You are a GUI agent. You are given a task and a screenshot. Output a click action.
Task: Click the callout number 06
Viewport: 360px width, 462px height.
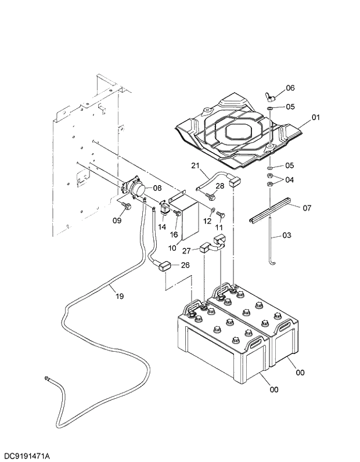290,88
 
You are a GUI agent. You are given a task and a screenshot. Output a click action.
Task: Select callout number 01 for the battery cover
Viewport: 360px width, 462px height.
315,117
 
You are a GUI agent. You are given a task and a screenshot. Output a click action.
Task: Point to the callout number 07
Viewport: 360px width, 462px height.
307,207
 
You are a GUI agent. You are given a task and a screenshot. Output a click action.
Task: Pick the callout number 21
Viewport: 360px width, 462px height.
195,167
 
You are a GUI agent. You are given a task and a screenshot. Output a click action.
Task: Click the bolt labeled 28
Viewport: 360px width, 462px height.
211,197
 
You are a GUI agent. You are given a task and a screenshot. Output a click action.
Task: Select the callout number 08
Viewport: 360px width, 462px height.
157,189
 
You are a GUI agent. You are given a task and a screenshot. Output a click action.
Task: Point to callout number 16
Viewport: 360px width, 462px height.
174,234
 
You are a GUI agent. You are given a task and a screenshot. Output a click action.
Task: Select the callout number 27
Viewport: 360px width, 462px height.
186,251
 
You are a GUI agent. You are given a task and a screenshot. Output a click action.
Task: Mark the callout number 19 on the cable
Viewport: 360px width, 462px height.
120,296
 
